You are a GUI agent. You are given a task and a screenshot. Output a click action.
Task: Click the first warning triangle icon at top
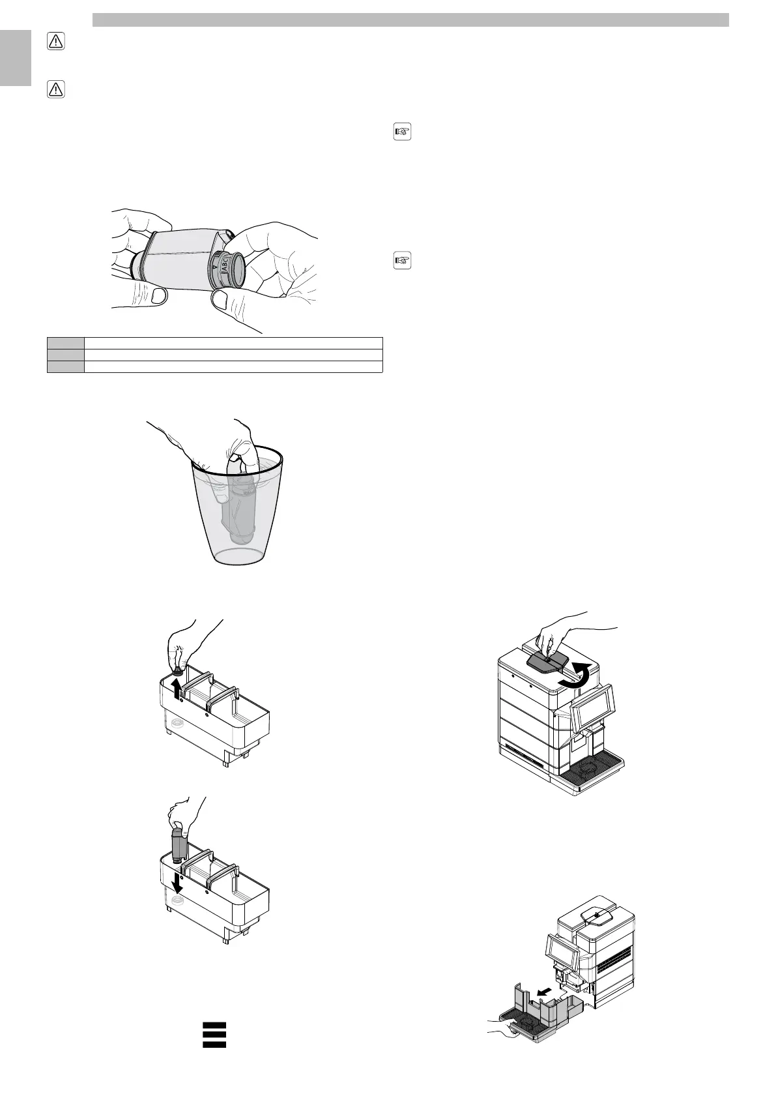56,42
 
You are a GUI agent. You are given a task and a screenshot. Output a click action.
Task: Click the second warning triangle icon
56,89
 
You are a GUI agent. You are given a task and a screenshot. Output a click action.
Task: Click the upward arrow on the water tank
177,687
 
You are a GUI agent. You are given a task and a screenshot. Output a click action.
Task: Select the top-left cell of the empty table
65,343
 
